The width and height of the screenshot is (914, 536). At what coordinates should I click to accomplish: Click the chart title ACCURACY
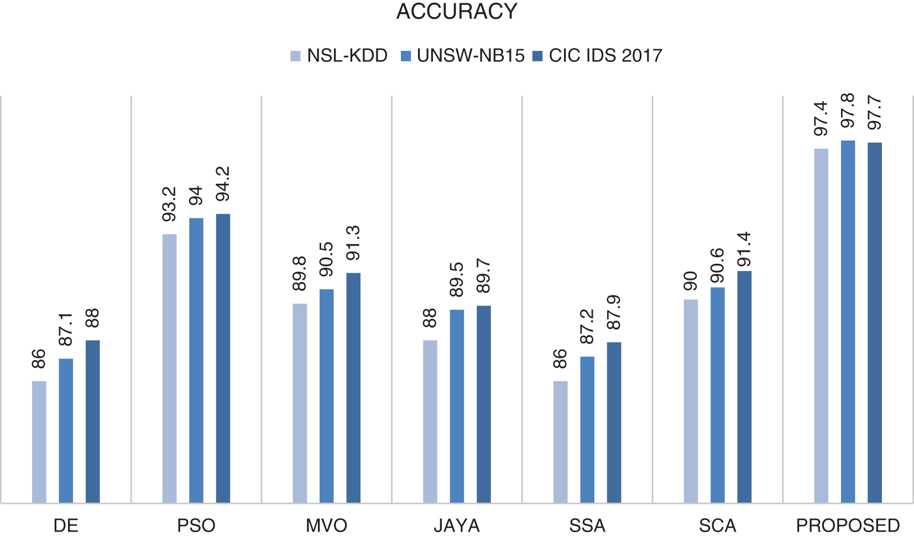457,12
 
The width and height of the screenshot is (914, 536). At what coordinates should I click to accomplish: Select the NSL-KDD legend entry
339,56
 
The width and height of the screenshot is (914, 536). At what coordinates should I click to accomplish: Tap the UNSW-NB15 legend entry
463,56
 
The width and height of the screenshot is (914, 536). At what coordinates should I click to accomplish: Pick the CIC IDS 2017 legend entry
597,56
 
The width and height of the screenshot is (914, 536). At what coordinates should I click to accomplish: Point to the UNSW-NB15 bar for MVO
327,396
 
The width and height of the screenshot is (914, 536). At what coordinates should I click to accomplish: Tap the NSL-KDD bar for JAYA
430,421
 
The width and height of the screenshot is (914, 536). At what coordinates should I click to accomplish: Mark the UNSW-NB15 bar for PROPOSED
848,321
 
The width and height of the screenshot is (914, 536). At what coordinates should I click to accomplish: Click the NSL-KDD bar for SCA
691,401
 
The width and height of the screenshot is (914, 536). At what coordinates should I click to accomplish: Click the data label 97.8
847,111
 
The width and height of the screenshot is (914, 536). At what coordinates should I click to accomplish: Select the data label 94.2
223,184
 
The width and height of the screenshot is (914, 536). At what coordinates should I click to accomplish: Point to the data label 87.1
65,330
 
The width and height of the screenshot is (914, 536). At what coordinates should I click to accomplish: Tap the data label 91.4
744,249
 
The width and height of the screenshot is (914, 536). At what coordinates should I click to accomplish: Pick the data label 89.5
457,280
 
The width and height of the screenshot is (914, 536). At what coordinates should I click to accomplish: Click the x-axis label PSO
196,525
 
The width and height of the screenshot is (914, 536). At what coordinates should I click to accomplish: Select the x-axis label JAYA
457,525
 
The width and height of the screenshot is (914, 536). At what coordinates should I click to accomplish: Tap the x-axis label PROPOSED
848,525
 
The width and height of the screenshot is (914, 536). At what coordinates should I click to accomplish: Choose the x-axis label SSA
587,525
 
